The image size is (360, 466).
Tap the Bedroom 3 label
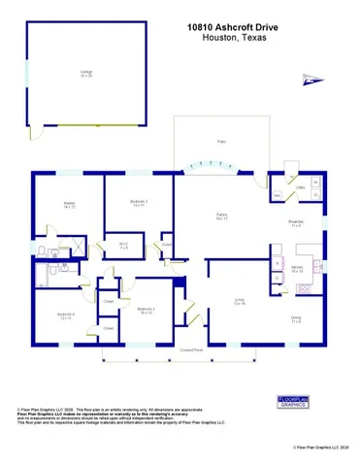tap(147, 312)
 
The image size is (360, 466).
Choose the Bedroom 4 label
tap(65, 316)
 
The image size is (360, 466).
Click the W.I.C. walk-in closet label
tap(124, 245)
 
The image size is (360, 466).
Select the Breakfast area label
tap(295, 222)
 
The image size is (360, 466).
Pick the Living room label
tap(238, 302)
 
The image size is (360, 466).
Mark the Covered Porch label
tap(191, 349)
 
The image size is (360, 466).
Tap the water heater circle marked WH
tap(278, 195)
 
